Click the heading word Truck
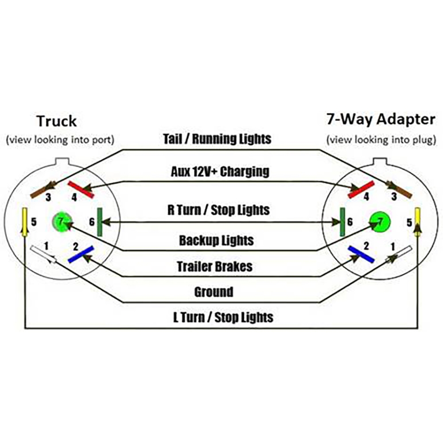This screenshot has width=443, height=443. pyautogui.click(x=56, y=120)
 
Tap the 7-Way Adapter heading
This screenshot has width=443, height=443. pyautogui.click(x=381, y=119)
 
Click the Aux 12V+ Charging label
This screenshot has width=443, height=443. pyautogui.click(x=220, y=171)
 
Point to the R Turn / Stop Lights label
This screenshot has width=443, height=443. pyautogui.click(x=218, y=209)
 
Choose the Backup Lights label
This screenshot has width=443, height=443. pyautogui.click(x=216, y=241)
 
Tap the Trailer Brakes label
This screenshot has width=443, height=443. pyautogui.click(x=215, y=266)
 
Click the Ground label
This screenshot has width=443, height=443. pyautogui.click(x=214, y=292)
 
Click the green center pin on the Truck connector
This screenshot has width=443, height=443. pyautogui.click(x=61, y=221)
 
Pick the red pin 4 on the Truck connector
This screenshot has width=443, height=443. pyautogui.click(x=81, y=189)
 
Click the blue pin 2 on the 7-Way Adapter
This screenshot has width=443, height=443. pyautogui.click(x=361, y=254)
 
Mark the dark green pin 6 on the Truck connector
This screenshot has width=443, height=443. pyautogui.click(x=100, y=222)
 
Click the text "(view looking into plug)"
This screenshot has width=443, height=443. pyautogui.click(x=381, y=140)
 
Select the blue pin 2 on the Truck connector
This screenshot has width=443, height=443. pyautogui.click(x=80, y=254)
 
